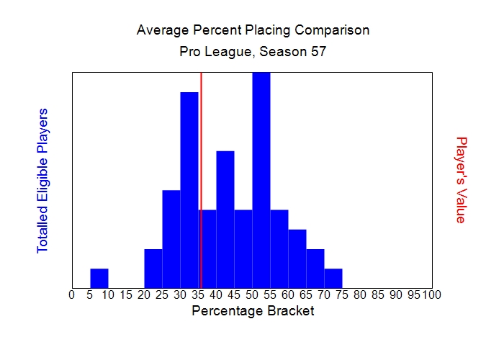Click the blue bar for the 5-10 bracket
coord(99,278)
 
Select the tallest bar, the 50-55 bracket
coord(261,180)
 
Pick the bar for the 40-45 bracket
coord(225,219)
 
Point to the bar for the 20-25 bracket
coord(153,268)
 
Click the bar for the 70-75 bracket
coord(333,278)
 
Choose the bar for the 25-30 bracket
coord(171,238)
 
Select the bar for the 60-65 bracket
coord(297,258)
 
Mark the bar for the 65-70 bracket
coord(315,268)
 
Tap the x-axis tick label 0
coord(71,294)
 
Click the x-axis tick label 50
coord(252,294)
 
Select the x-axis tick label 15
coord(125,294)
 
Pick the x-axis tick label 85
coord(378,294)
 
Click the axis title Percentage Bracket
coord(253,312)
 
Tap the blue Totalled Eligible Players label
coord(42,180)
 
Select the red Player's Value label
coord(462,180)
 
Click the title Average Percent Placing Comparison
coord(253,31)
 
